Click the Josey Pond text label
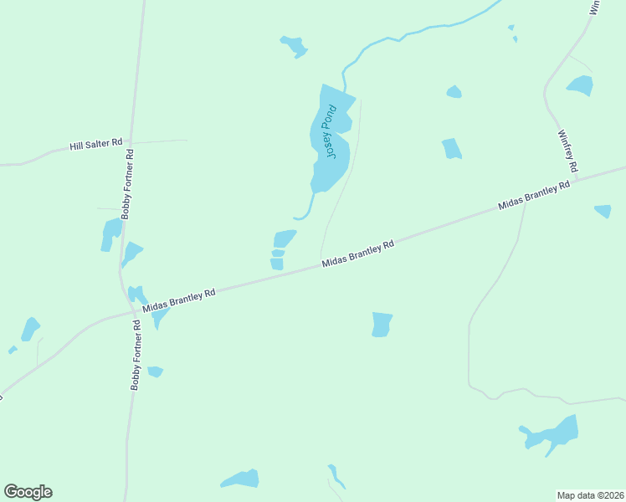pyautogui.click(x=331, y=131)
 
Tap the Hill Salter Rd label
pyautogui.click(x=96, y=145)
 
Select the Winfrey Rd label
pyautogui.click(x=567, y=151)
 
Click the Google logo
pyautogui.click(x=28, y=492)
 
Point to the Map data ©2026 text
pyautogui.click(x=591, y=495)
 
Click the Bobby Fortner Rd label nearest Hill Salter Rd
pyautogui.click(x=128, y=184)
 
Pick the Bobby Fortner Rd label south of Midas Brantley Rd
pyautogui.click(x=136, y=355)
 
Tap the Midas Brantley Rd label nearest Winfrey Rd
pyautogui.click(x=533, y=196)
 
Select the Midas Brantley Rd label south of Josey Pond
pyautogui.click(x=358, y=255)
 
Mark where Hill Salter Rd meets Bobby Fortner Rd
pyautogui.click(x=131, y=143)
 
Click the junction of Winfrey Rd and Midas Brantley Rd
pyautogui.click(x=577, y=178)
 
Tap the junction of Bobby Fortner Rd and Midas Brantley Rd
pyautogui.click(x=135, y=312)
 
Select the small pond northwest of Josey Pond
pyautogui.click(x=294, y=45)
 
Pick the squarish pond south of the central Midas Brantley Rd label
pyautogui.click(x=382, y=325)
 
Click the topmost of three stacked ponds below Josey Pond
pyautogui.click(x=285, y=238)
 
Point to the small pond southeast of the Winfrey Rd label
pyautogui.click(x=603, y=211)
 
